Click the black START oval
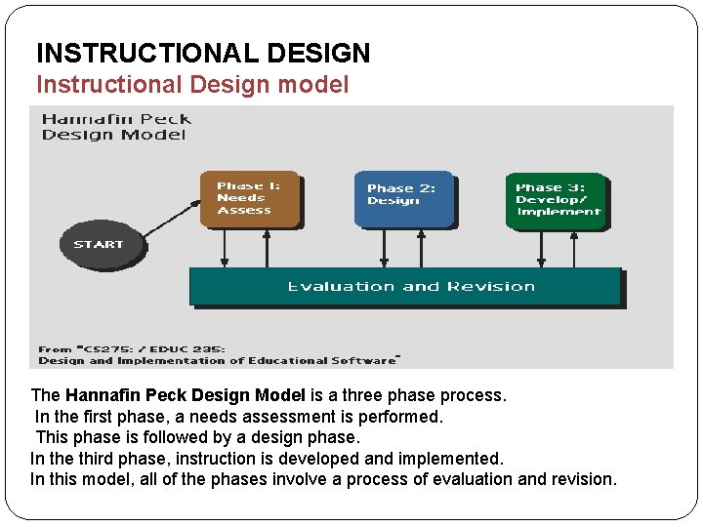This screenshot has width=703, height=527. click(x=99, y=243)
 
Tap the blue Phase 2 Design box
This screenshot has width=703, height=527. click(x=403, y=198)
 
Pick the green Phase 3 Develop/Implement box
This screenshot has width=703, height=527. click(x=557, y=200)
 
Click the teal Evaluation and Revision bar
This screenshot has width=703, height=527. click(x=405, y=286)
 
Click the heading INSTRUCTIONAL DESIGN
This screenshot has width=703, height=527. click(x=203, y=53)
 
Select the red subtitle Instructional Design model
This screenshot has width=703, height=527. click(x=191, y=85)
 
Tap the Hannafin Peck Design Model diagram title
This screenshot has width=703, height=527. click(x=116, y=127)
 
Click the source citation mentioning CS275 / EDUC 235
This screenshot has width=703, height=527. click(x=217, y=354)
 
